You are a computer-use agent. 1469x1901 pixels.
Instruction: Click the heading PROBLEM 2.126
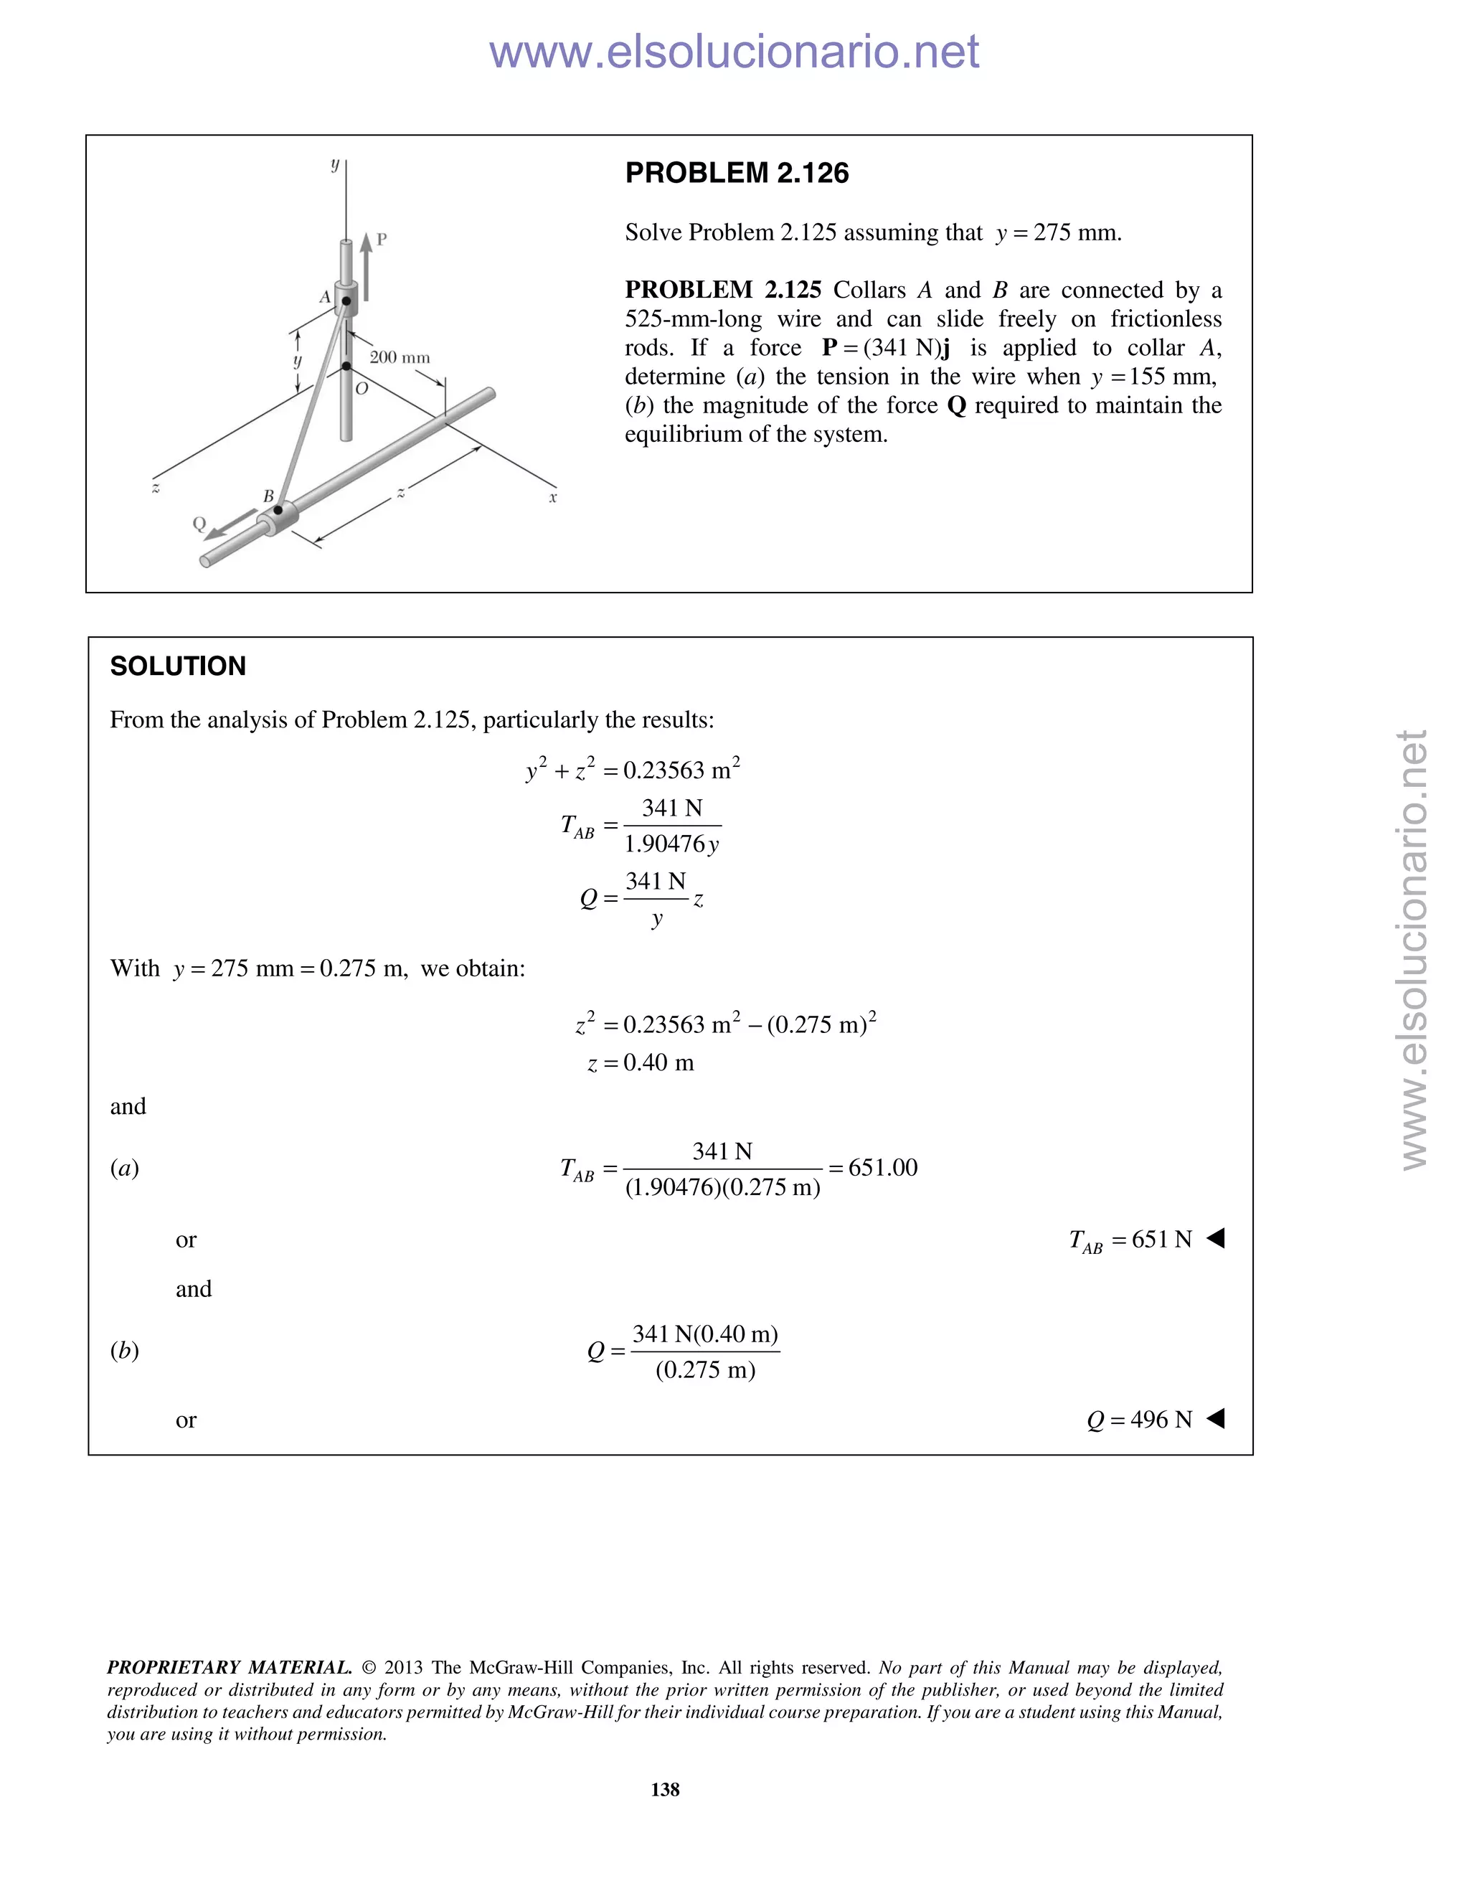coord(736,173)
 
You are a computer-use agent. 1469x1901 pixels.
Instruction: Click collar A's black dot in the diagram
coord(346,301)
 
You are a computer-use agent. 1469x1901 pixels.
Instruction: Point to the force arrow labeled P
coord(367,265)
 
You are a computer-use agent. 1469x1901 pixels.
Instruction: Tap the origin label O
coord(362,389)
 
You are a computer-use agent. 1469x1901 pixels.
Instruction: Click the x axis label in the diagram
coord(552,498)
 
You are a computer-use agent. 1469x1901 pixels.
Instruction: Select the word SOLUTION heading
coord(178,666)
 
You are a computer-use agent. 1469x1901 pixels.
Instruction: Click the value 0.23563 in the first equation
coord(666,771)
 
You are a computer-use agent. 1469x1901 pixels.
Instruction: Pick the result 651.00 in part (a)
coord(882,1168)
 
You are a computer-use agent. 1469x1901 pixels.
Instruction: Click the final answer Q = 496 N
coord(1139,1420)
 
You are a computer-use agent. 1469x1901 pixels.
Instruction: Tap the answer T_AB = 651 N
coord(1130,1240)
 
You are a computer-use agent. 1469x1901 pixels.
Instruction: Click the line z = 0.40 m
coord(641,1063)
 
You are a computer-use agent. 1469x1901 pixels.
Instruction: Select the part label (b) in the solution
coord(124,1350)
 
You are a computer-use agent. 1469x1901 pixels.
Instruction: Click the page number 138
coord(665,1788)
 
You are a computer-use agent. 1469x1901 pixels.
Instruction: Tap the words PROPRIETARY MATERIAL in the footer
coord(229,1668)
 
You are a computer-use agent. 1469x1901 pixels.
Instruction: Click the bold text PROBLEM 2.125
coord(722,290)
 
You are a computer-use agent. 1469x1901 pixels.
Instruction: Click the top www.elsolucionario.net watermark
coord(734,52)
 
